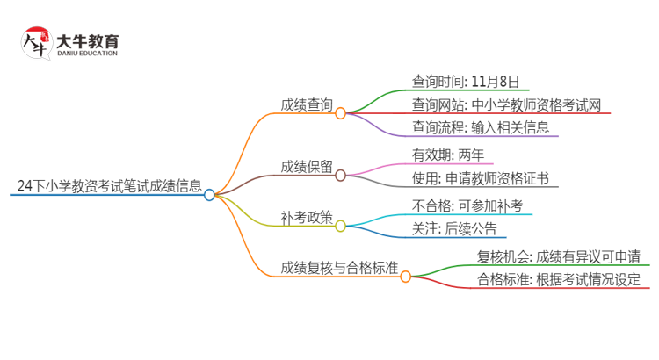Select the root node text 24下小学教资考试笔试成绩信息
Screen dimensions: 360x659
(109, 186)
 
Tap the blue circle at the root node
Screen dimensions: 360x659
(209, 195)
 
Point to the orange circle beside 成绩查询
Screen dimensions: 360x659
(341, 113)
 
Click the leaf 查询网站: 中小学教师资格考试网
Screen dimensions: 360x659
(506, 105)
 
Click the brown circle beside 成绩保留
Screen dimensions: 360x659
(341, 175)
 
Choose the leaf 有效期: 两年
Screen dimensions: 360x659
(447, 155)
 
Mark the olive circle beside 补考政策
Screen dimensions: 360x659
(341, 225)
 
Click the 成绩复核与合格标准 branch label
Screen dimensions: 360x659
(339, 268)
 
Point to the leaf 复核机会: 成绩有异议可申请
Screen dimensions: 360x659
(558, 256)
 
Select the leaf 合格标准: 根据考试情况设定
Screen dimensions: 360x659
(558, 280)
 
